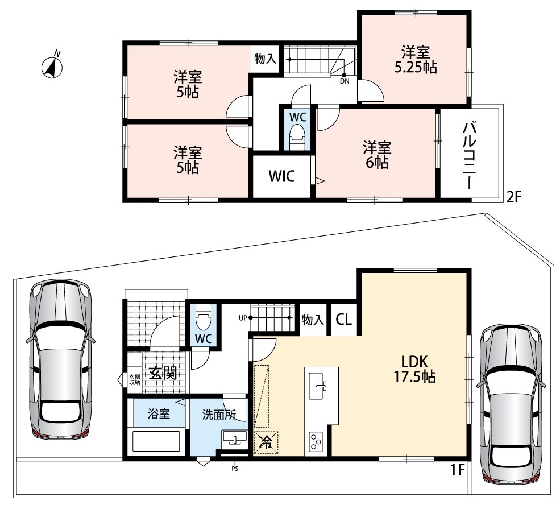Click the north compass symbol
coord(52,66)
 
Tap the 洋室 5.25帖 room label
coord(416,60)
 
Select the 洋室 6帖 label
coord(377,155)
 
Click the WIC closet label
coord(281,176)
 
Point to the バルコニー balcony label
coord(469,155)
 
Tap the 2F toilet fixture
coord(297,138)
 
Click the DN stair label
coord(345,81)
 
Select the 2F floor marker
coord(515,197)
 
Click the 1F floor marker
coord(457,470)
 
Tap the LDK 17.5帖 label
coord(414,369)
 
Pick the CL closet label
coord(343,320)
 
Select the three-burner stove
coord(316,442)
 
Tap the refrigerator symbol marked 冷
coord(266,442)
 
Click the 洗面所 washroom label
coord(219,415)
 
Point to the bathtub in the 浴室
coord(156,441)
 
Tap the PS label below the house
coord(235,469)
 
